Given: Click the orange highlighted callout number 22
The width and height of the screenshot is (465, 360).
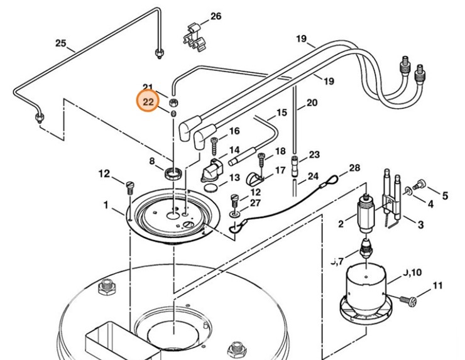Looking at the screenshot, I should [148, 101].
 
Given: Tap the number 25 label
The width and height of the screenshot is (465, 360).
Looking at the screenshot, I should [61, 43].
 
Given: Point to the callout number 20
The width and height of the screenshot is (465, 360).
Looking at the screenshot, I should [312, 102].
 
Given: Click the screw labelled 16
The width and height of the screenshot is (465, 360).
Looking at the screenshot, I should [215, 143].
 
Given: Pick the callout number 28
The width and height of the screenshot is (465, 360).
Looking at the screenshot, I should [354, 168].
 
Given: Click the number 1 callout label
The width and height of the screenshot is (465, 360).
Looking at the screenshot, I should [106, 205].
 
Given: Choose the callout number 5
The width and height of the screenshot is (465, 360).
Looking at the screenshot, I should [446, 196].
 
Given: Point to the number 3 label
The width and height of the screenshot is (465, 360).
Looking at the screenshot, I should [420, 224].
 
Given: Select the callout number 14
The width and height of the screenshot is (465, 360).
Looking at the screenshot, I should [234, 150].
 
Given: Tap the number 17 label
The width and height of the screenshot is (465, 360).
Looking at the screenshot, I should [280, 170].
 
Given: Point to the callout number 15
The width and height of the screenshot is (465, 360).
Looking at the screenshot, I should [282, 112].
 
